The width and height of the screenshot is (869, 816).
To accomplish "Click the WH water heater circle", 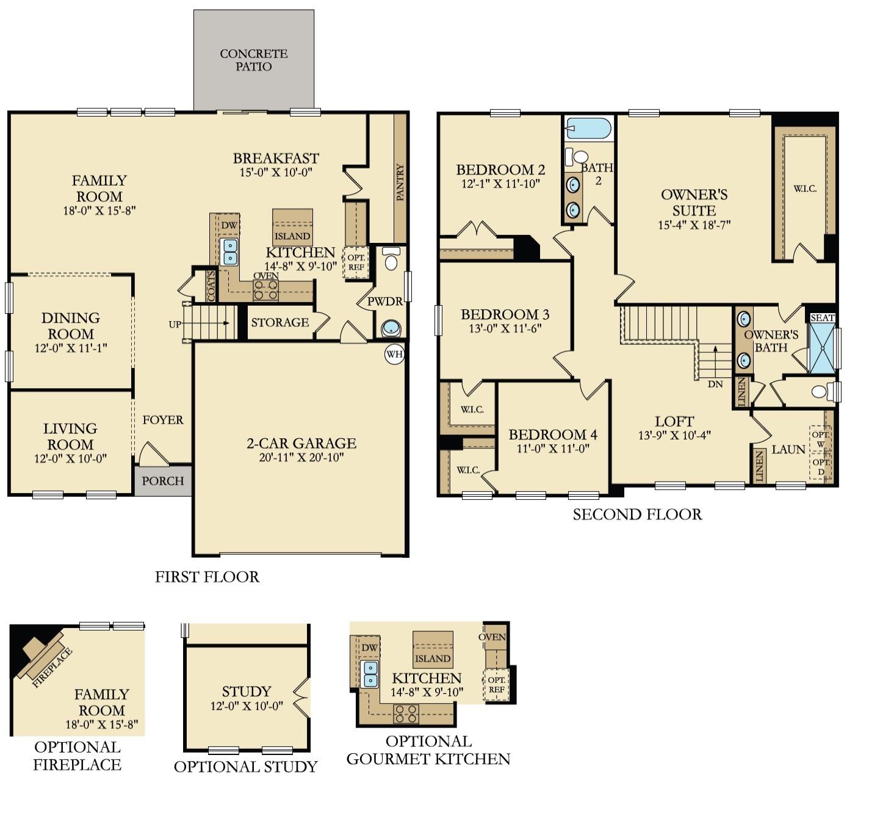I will coord(395,354).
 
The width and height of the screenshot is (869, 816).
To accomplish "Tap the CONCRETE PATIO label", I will coord(254,60).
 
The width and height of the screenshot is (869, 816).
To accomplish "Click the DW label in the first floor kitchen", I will coord(229,225).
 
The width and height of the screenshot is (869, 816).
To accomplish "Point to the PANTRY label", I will coord(400,181).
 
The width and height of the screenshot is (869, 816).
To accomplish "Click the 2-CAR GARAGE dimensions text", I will coord(301,458).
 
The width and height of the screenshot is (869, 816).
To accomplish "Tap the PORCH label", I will coord(163,481).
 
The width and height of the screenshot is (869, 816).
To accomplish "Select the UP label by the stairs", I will coord(175,324).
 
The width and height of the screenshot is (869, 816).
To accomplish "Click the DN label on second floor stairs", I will coord(715,384).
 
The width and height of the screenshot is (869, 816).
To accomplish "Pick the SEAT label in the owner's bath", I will coord(822,317).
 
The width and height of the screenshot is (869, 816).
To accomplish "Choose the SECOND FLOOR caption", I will coord(637,515).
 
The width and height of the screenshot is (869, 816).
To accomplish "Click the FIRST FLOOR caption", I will coord(207,577).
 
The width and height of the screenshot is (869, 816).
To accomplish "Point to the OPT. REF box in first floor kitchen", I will coord(356,262).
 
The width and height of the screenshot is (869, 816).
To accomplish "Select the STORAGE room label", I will coord(280,322).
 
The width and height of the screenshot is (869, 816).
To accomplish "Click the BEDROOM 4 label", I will coord(553,435).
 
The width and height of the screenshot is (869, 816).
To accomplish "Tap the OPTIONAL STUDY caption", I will coord(246,767).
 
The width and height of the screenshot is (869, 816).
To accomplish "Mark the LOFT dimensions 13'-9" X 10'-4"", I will coord(674,436).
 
